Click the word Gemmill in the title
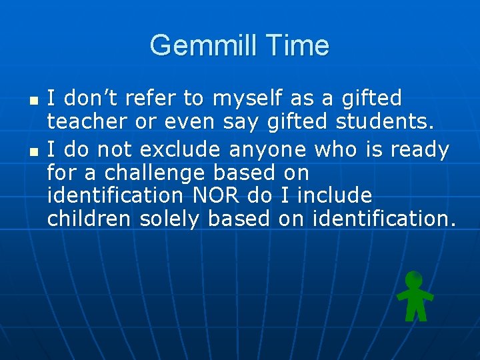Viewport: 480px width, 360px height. click(x=201, y=45)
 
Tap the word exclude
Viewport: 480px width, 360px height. click(x=175, y=149)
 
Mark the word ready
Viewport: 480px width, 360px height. click(x=419, y=149)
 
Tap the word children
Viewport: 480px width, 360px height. click(x=89, y=219)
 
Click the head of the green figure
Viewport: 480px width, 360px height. click(x=414, y=279)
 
